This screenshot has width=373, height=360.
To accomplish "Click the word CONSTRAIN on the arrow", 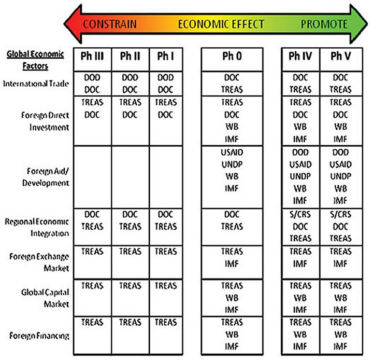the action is point(110,24).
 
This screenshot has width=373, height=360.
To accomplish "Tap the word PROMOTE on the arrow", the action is point(324,24).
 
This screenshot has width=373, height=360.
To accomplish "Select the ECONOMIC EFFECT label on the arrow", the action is point(221,24).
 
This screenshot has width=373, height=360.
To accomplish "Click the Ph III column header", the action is point(92,56).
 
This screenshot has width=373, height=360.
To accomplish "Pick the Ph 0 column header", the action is point(232,56).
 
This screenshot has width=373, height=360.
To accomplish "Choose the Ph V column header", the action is point(341,56).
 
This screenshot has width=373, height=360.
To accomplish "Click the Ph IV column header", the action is point(300,56).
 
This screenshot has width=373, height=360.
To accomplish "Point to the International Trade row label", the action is point(36,84).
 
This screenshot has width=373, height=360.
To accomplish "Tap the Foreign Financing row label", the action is point(39,336).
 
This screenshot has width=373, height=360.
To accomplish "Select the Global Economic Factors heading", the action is point(35,60).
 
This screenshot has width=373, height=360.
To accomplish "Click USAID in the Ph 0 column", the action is point(232,152).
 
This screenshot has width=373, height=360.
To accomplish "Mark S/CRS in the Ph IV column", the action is point(300,214).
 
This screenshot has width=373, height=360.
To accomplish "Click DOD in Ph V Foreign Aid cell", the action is point(341,152).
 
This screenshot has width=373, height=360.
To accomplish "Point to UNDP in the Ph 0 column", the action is point(232,164).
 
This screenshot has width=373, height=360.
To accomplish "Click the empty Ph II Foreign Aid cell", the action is point(131,177).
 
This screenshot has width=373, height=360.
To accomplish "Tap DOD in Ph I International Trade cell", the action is point(166,77).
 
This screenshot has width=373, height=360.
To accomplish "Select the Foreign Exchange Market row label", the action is point(39,262).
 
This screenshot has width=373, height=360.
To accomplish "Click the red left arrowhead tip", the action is point(64,24).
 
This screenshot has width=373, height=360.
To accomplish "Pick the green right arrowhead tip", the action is point(367,24).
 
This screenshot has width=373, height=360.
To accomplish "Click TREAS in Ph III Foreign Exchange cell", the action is point(92,252).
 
